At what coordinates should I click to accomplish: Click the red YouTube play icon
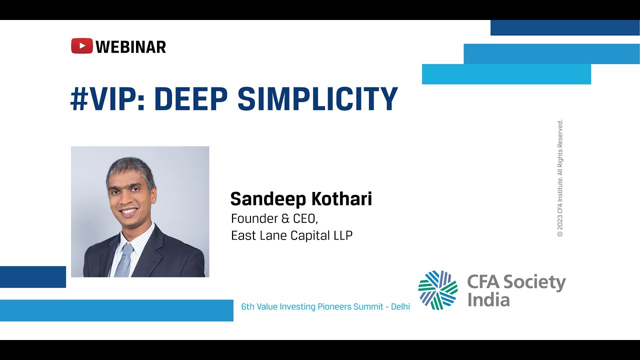[81, 46]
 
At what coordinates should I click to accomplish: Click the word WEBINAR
[130, 47]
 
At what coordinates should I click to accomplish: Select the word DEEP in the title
[191, 98]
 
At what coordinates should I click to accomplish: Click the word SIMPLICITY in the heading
[317, 98]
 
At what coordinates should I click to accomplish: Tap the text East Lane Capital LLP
[291, 235]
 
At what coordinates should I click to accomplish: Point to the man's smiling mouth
[129, 212]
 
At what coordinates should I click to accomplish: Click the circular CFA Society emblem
[437, 290]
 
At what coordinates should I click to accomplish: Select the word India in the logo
[488, 300]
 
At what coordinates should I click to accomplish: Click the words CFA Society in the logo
[516, 282]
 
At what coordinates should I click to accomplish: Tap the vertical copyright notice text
[560, 178]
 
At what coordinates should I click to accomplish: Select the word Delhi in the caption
[400, 307]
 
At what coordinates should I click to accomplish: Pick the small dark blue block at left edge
[33, 277]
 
